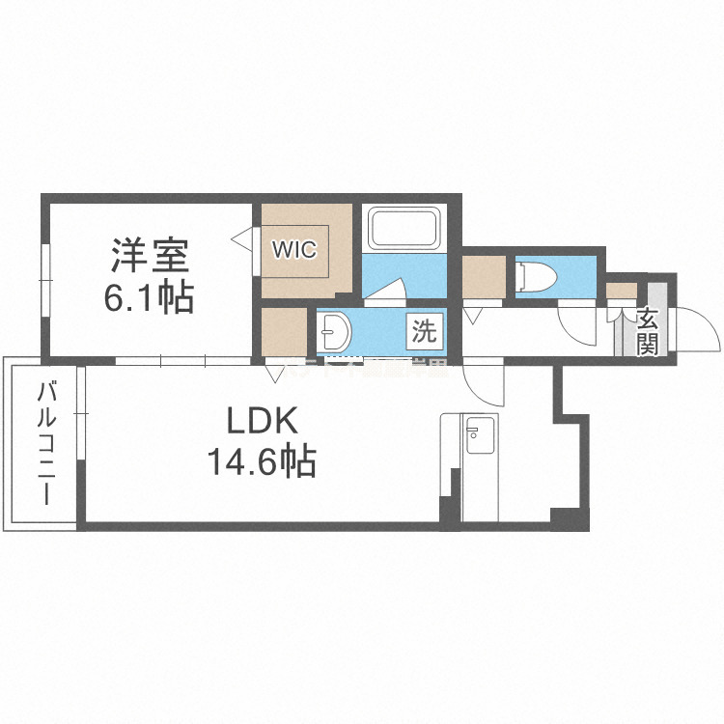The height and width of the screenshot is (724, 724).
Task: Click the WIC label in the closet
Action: pyautogui.click(x=293, y=249)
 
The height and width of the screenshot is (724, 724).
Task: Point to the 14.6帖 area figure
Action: pyautogui.click(x=260, y=463)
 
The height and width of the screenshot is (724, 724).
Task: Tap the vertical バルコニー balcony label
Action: pyautogui.click(x=44, y=444)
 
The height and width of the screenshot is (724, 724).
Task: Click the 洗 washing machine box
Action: pyautogui.click(x=425, y=332)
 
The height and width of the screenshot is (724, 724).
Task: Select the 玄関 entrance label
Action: pyautogui.click(x=648, y=331)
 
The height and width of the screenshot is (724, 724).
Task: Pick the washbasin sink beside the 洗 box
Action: pyautogui.click(x=337, y=333)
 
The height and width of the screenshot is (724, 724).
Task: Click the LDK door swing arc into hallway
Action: pyautogui.click(x=485, y=382)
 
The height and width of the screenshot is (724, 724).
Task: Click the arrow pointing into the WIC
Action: pyautogui.click(x=241, y=234)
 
